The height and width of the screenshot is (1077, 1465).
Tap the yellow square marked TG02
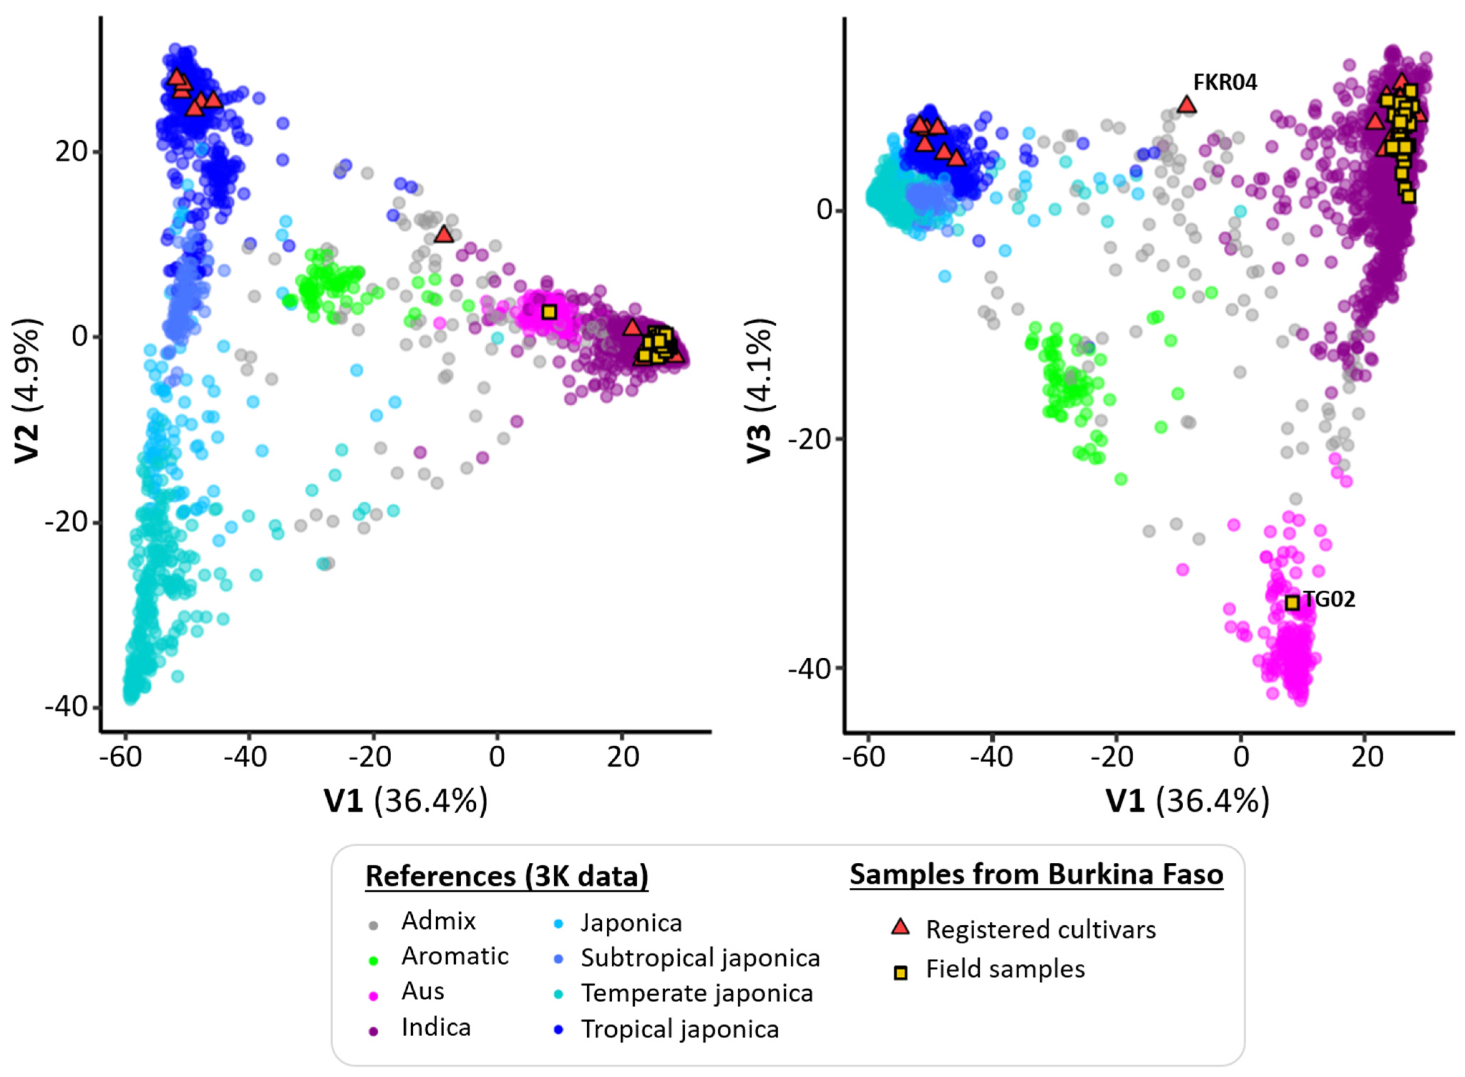tap(1291, 603)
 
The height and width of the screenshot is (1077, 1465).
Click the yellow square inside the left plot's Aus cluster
tap(549, 312)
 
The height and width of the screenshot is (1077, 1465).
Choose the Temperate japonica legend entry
tap(696, 993)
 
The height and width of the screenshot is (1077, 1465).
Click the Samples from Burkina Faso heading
tap(1036, 874)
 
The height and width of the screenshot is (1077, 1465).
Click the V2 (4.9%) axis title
tap(29, 391)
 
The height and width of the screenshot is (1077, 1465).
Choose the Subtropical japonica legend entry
tap(700, 958)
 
